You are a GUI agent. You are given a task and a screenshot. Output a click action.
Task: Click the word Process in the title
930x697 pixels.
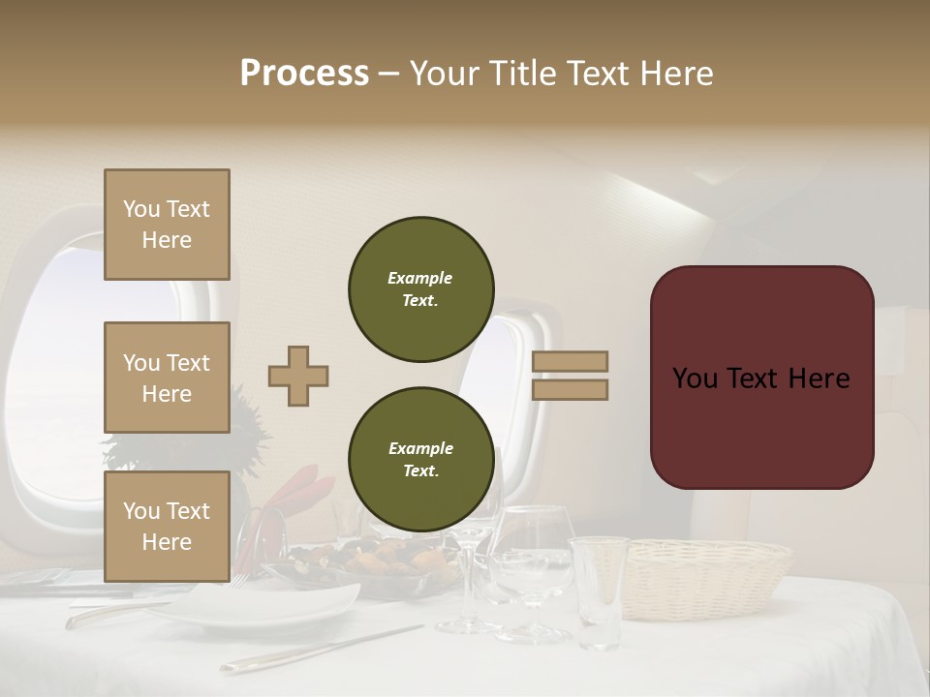click(x=304, y=74)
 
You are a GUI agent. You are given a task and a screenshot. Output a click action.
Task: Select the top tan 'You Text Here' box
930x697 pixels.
click(x=167, y=225)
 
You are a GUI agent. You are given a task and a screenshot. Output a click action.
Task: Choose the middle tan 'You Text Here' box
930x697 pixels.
click(x=167, y=378)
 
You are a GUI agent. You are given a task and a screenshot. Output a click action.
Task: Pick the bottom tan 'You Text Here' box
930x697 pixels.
click(x=167, y=527)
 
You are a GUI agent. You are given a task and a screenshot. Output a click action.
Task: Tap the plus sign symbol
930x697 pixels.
click(x=298, y=376)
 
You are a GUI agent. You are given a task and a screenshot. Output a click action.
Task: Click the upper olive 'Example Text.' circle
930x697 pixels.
click(x=421, y=289)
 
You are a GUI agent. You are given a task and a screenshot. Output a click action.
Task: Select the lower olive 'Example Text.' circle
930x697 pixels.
click(x=421, y=460)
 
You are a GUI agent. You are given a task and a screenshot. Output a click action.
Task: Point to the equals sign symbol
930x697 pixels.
click(x=571, y=376)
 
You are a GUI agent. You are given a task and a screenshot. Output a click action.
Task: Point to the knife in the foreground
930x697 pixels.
click(x=320, y=649)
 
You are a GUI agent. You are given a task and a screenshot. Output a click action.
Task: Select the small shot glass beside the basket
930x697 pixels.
click(x=598, y=591)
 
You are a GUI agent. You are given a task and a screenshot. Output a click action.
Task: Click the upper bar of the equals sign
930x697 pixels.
click(x=571, y=362)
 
